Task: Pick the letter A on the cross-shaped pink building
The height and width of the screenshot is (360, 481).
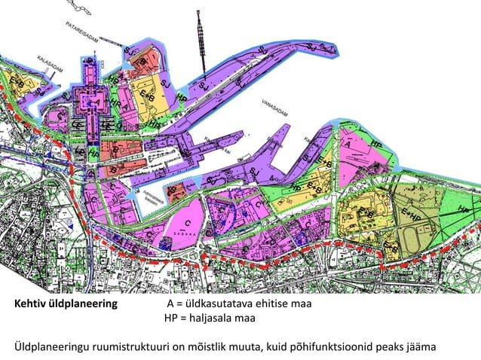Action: pos(96,100)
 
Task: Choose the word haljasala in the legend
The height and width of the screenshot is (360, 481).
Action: pos(213,319)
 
